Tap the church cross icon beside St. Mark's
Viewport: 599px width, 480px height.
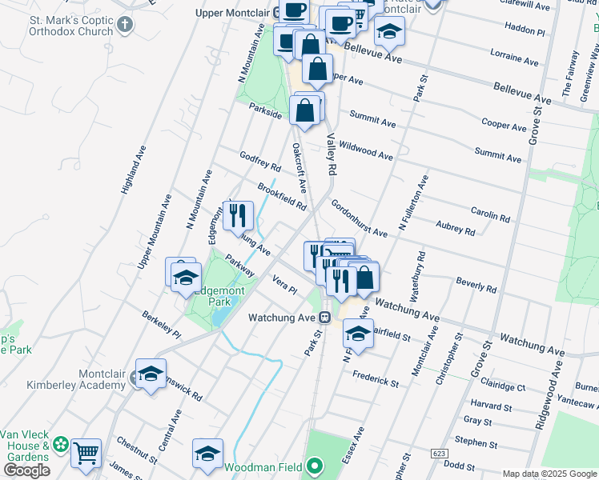[123, 24]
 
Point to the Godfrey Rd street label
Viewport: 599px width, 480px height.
[260, 162]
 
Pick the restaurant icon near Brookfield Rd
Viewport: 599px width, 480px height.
[238, 214]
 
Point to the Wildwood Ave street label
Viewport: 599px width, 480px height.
[366, 150]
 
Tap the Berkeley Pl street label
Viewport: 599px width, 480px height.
[161, 322]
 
